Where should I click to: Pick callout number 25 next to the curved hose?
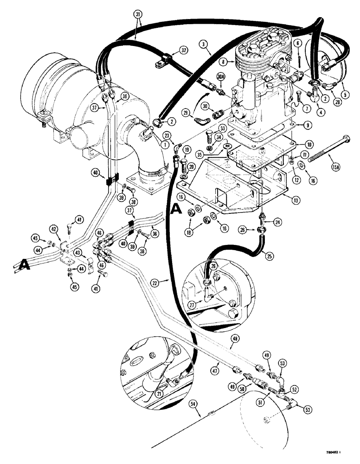click(x=266, y=254)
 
